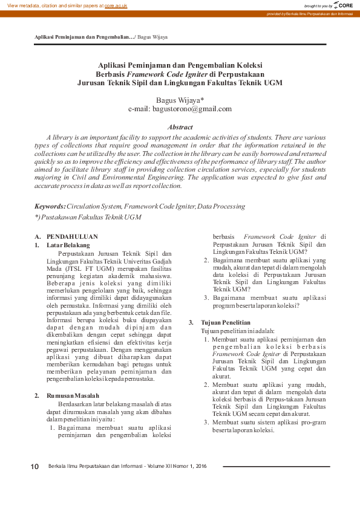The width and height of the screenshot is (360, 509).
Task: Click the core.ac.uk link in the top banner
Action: click(x=117, y=5)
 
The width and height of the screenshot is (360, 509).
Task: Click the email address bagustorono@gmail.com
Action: click(x=180, y=109)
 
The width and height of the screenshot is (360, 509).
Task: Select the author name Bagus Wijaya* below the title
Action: click(x=180, y=100)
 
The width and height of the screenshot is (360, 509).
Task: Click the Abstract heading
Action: click(x=180, y=127)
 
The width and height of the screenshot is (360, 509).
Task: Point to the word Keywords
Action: click(x=50, y=206)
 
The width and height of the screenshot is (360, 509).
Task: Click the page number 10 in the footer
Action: click(x=35, y=467)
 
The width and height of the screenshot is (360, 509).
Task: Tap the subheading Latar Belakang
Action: click(x=68, y=245)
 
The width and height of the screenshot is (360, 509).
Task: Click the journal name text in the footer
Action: click(x=127, y=467)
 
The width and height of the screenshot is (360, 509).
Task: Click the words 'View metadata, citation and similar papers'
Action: click(x=53, y=5)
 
